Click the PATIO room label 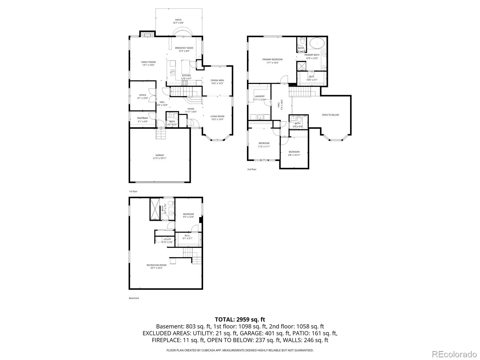[x=178, y=20]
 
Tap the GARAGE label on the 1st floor [x=159, y=155]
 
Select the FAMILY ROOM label [x=148, y=62]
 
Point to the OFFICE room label [x=142, y=95]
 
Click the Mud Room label [x=142, y=118]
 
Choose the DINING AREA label [x=217, y=80]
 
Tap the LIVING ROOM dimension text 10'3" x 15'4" [x=217, y=119]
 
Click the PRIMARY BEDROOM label [x=272, y=59]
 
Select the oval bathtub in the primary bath [x=316, y=43]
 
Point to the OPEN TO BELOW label [x=330, y=115]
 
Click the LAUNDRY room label [x=259, y=96]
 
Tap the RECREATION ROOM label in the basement [x=156, y=265]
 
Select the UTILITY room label [x=167, y=239]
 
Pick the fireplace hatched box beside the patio [x=147, y=34]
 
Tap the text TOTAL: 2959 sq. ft [x=240, y=319]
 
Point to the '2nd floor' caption [x=252, y=169]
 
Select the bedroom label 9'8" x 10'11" [x=294, y=155]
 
